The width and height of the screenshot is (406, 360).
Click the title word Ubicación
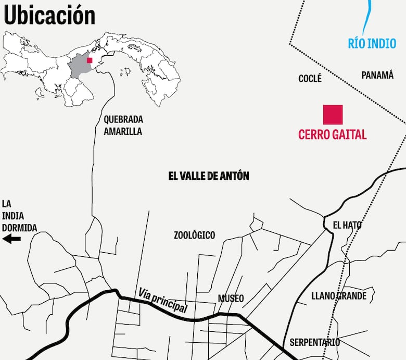[x=49, y=16]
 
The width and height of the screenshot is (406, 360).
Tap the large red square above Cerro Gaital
[x=333, y=115]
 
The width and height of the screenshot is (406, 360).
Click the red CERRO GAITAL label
[x=332, y=134]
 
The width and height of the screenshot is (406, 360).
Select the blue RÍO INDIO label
[x=372, y=44]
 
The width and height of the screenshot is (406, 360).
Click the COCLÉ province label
[x=310, y=79]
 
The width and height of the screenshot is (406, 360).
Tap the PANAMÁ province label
[x=377, y=75]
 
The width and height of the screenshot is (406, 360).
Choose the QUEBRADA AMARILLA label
[x=123, y=125]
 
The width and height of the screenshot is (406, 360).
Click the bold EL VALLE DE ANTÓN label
[x=209, y=176]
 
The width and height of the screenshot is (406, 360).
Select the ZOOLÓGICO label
[x=194, y=235]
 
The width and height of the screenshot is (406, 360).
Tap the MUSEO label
[x=231, y=299]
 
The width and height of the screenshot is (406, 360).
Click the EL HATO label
[x=347, y=225]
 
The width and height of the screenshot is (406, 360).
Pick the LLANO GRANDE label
[x=339, y=296]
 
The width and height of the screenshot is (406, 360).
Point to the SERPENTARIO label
[x=314, y=342]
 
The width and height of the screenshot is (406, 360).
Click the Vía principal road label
[x=163, y=301]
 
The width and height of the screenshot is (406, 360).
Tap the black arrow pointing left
[x=11, y=239]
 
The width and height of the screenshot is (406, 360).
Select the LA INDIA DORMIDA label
[x=19, y=216]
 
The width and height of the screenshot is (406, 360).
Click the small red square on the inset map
[x=90, y=60]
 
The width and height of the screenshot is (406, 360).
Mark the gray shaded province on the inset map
[x=79, y=67]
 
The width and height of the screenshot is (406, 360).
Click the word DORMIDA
[x=19, y=228]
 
